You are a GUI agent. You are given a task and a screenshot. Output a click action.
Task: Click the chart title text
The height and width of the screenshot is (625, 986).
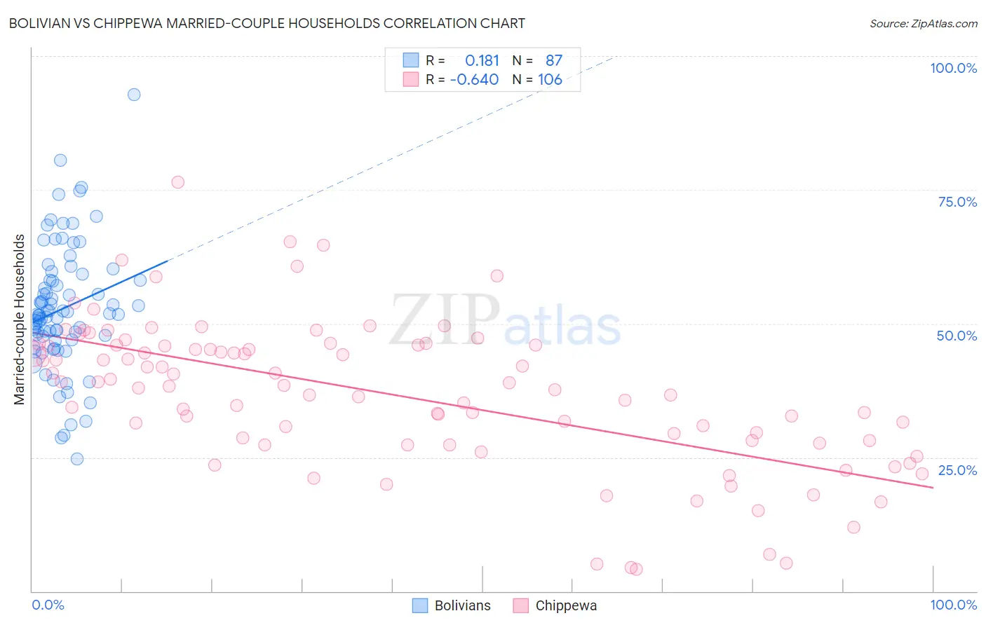click(x=266, y=23)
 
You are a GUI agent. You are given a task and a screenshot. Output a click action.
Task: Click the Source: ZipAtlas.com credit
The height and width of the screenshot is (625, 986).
click(x=923, y=24)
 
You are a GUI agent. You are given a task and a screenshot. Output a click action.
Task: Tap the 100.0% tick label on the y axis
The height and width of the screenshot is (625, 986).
click(x=953, y=68)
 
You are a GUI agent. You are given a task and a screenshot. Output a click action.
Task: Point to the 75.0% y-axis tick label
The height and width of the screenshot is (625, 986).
click(x=957, y=202)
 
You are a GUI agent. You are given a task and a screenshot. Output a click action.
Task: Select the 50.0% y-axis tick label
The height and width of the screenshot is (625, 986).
click(x=957, y=336)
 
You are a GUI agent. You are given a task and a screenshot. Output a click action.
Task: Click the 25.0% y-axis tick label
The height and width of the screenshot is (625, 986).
click(x=957, y=470)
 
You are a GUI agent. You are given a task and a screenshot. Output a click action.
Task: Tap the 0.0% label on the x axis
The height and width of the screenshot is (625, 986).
click(x=48, y=605)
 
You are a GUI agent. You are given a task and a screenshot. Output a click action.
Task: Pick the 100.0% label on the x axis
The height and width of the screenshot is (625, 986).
click(x=953, y=605)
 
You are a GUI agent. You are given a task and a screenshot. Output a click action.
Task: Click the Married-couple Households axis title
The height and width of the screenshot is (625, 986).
click(x=20, y=320)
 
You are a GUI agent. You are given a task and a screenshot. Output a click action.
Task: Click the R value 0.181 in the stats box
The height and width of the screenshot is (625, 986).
click(x=482, y=61)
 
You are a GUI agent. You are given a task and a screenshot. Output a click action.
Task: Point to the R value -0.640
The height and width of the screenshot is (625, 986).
click(x=474, y=80)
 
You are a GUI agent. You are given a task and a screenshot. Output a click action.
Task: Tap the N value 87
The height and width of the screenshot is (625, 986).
click(x=554, y=61)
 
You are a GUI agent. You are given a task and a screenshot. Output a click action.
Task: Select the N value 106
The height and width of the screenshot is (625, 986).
click(x=550, y=80)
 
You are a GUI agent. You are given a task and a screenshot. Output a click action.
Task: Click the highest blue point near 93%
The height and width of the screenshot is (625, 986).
click(x=134, y=95)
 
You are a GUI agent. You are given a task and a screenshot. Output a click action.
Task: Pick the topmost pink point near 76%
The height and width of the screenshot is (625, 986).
click(x=178, y=182)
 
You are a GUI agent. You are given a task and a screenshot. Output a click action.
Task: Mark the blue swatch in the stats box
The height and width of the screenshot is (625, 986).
click(x=410, y=60)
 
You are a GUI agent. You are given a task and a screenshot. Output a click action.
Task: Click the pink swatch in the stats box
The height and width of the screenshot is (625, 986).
click(x=410, y=79)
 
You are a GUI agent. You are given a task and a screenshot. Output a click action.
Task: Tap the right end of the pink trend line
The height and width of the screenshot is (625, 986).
click(x=933, y=487)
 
